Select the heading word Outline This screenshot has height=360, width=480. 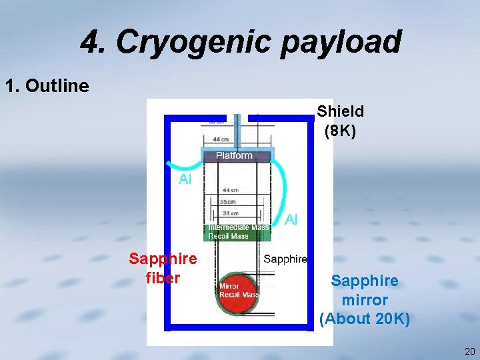point(57,86)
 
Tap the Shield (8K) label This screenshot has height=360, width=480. point(341,121)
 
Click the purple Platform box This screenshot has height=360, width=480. point(234,156)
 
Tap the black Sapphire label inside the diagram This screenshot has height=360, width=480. point(285,259)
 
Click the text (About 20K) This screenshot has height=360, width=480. point(365,319)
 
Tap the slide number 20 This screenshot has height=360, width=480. point(469,351)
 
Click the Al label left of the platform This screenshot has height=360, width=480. point(185,179)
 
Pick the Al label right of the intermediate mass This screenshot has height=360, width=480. point(291,219)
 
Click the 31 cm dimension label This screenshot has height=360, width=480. point(231,213)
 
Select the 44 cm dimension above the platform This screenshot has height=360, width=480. point(222,139)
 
